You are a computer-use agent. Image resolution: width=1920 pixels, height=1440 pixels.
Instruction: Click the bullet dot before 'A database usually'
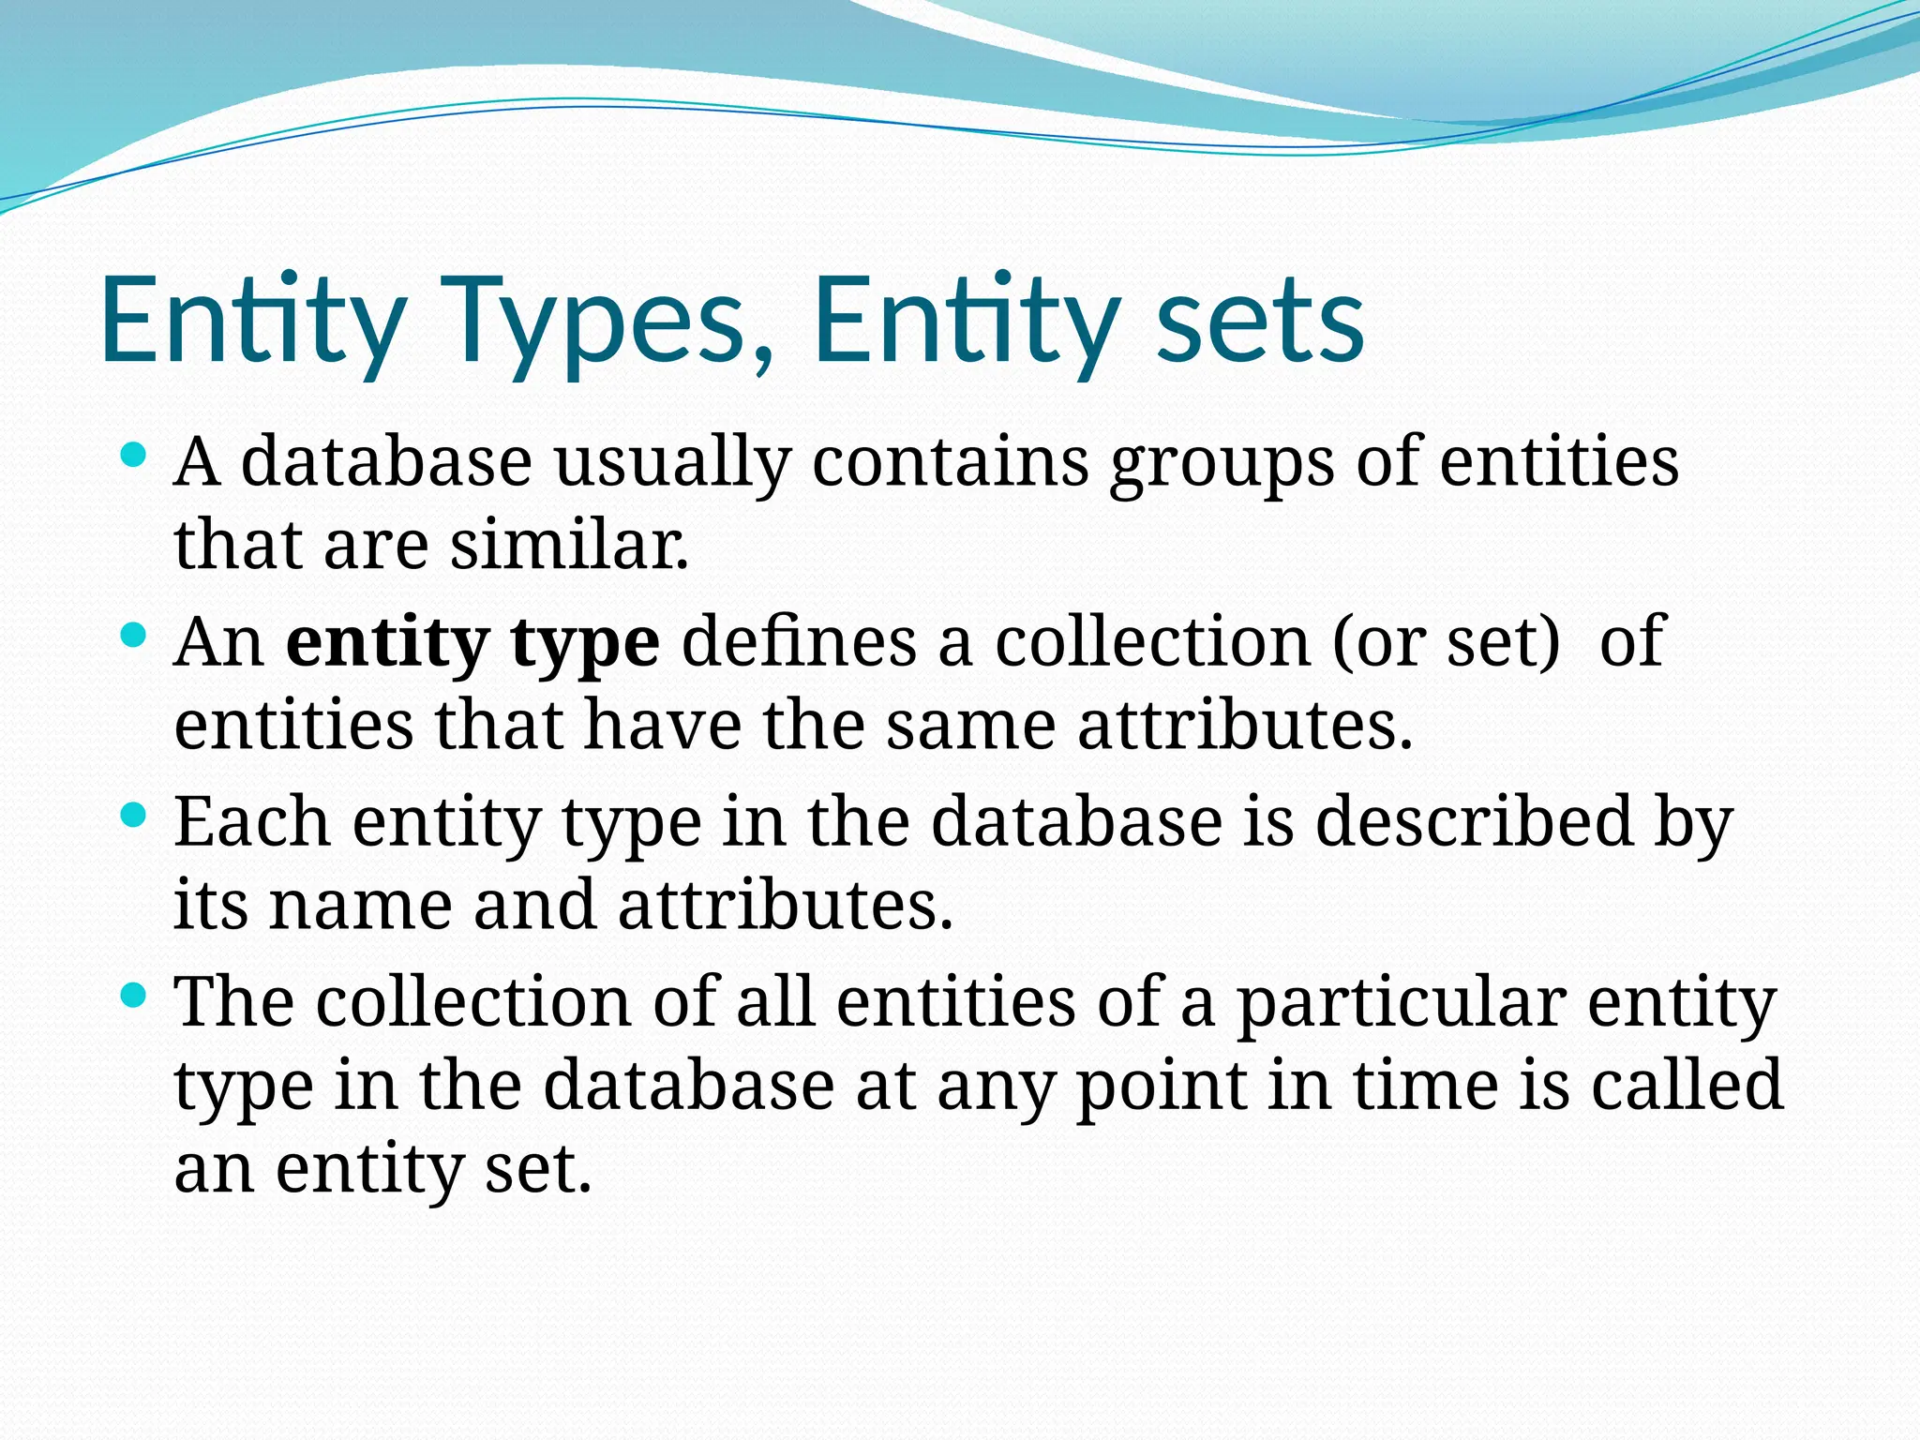point(134,457)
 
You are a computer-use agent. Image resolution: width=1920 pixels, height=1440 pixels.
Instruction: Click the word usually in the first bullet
point(672,463)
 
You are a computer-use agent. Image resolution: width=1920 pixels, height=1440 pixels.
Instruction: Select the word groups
point(1222,463)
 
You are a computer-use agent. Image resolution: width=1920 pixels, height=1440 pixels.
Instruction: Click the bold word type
point(585,644)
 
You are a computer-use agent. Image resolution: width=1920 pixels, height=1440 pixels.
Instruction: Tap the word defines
point(799,642)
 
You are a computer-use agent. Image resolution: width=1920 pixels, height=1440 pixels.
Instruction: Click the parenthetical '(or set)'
point(1446,642)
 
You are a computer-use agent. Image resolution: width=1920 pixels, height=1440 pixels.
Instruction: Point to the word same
point(971,727)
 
